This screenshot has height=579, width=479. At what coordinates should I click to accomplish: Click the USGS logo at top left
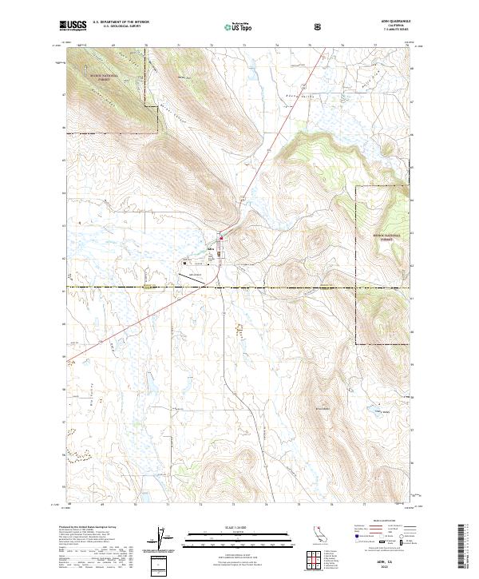73,26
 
